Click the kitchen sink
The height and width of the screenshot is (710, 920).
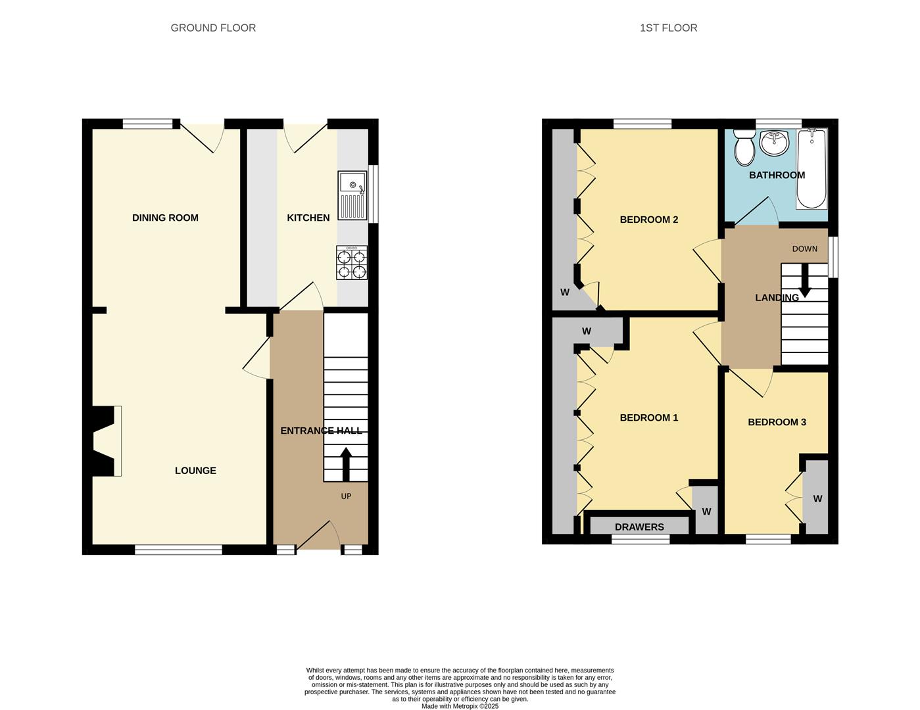coord(352,195)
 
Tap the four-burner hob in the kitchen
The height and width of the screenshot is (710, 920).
coord(352,263)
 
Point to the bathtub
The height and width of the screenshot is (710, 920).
coord(811,169)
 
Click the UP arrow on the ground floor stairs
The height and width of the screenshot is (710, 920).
coord(345,464)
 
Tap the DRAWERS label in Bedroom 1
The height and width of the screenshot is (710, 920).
coord(639,527)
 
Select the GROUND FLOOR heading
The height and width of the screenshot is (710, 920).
coord(213,28)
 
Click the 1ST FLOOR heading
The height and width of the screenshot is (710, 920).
coord(668,28)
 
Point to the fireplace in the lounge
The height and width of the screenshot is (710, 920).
coord(105,440)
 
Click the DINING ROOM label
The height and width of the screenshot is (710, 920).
coord(165,218)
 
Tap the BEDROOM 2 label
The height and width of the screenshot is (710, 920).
coord(648,220)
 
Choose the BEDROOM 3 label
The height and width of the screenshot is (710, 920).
coord(777,422)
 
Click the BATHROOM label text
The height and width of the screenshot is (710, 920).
coord(777,175)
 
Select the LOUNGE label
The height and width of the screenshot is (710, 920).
coord(195,471)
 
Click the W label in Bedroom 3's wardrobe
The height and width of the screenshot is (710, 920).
coord(817,499)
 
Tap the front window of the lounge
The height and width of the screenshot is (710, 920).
coord(178,550)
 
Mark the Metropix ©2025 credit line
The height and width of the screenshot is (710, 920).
coord(460,706)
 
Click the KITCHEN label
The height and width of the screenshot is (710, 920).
coord(308,218)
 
